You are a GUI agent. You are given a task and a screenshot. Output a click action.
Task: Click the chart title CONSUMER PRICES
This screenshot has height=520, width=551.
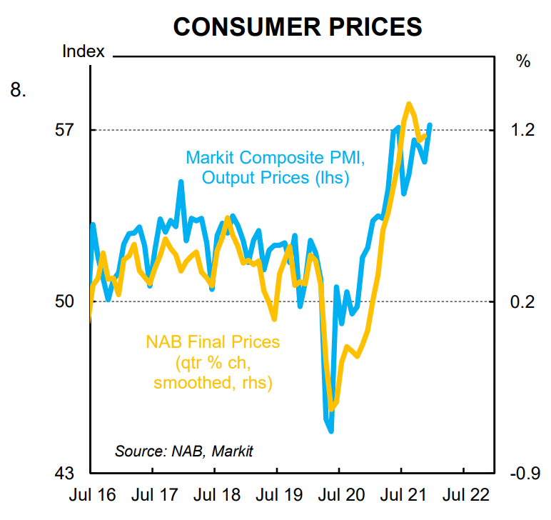coord(298,26)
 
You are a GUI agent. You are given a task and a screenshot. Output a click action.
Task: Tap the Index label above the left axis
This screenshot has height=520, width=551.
coord(84,51)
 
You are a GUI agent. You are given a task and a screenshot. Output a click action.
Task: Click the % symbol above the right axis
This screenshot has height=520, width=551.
coord(523,61)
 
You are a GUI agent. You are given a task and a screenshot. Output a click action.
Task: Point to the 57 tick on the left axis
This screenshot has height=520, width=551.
coord(65,130)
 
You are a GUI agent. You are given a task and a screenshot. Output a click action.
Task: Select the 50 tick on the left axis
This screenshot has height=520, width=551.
coord(65,301)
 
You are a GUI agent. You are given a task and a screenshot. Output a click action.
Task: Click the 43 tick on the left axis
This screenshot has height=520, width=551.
coord(65,474)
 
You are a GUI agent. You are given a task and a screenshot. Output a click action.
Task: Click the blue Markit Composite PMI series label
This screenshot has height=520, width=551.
coord(275,167)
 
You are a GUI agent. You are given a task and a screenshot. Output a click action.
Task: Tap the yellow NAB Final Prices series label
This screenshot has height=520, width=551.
coord(213,362)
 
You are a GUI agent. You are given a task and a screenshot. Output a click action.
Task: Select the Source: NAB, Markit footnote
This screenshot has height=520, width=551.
coord(183,451)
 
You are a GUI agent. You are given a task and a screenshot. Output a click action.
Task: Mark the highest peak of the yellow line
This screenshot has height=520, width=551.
coord(409,104)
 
